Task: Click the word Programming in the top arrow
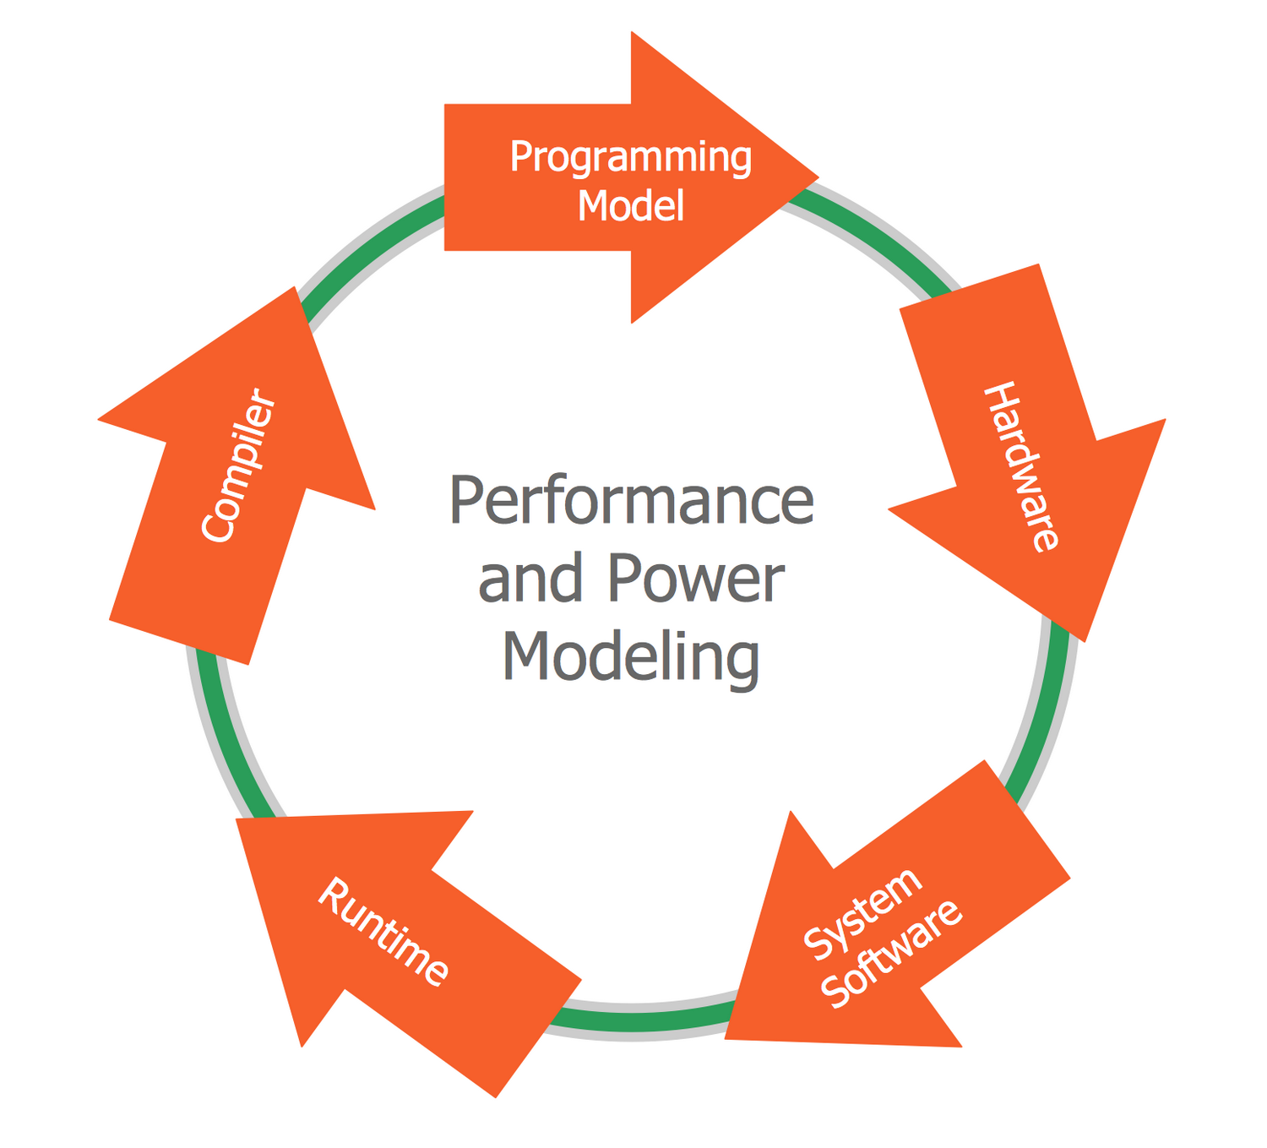click(630, 157)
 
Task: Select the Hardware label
click(1021, 466)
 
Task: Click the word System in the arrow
click(862, 914)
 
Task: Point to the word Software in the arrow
click(891, 955)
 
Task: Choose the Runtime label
click(383, 932)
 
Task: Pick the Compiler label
click(239, 465)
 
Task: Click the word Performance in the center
click(631, 501)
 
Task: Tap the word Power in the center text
click(695, 579)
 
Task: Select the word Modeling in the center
click(631, 657)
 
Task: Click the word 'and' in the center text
click(530, 579)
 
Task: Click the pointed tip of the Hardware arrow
click(1085, 639)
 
